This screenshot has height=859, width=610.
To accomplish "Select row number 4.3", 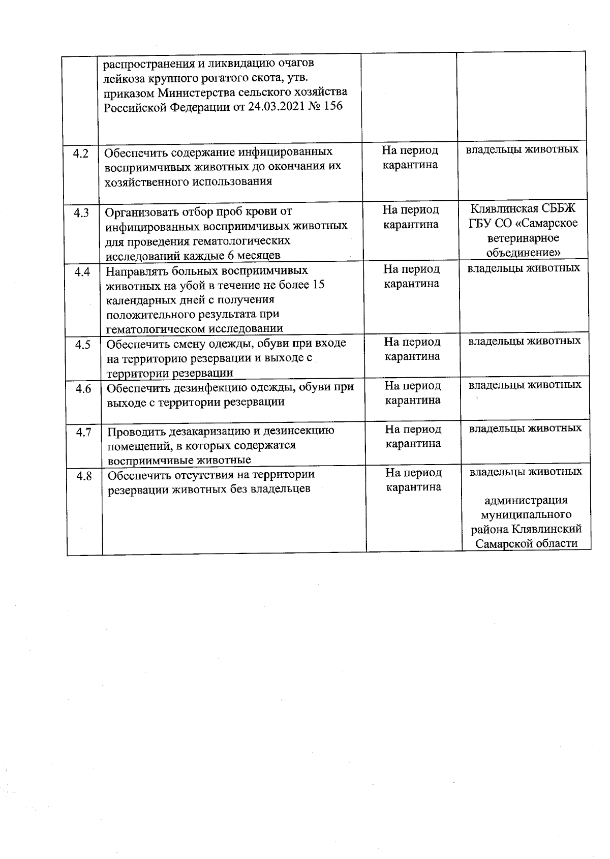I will tap(81, 213).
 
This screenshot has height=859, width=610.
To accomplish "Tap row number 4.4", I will tap(82, 272).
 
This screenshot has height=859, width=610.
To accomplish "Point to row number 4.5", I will tap(82, 345).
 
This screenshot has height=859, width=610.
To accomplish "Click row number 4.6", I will tap(83, 389).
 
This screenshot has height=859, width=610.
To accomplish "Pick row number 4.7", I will tap(83, 433).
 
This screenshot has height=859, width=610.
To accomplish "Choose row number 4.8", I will tap(84, 476).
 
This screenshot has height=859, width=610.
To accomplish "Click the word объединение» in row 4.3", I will tap(524, 253).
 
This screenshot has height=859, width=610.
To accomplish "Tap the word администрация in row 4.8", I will tap(526, 501).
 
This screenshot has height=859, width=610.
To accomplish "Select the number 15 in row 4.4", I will tap(318, 285).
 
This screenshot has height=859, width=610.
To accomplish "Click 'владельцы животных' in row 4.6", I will tap(525, 385).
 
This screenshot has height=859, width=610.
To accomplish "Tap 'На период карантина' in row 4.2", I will tap(410, 158).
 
